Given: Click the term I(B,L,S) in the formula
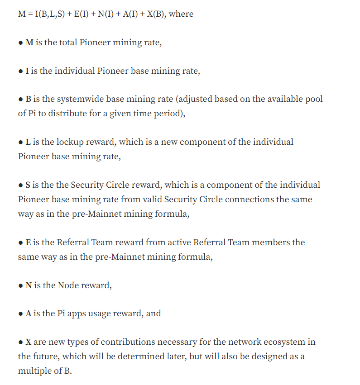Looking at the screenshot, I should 52,14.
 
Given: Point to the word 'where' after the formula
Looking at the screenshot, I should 181,14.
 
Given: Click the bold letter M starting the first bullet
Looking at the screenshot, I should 29,43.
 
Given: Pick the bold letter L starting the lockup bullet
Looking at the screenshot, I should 28,142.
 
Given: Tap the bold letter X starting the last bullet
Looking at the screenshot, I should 28,342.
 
